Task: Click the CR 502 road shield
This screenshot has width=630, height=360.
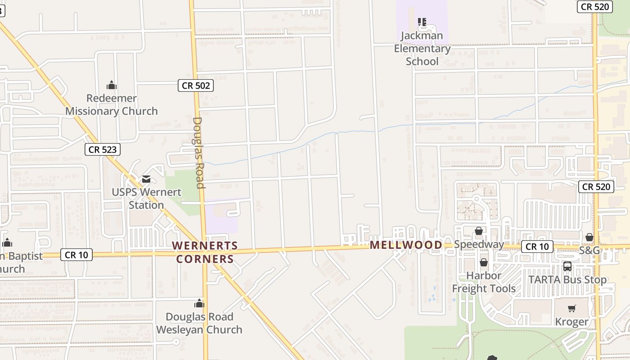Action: point(196,85)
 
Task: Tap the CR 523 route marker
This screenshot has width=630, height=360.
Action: point(103,149)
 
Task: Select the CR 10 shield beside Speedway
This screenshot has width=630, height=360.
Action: point(537,247)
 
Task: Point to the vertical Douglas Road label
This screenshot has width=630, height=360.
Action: point(198,153)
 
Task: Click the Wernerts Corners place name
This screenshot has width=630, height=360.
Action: point(205,252)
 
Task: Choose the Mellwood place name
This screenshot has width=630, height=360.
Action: point(406,245)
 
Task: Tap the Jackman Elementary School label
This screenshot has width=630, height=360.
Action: point(422,48)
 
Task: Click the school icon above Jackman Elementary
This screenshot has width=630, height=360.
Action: point(422,22)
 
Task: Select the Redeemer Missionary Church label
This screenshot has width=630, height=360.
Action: point(112,104)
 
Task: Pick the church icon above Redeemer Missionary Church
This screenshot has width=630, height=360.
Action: point(112,85)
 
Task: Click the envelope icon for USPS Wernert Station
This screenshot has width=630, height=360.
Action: point(146,179)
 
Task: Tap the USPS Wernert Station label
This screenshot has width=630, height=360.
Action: point(147,198)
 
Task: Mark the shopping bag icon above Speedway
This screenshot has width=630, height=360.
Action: point(479,231)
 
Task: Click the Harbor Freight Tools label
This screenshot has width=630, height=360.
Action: point(484,282)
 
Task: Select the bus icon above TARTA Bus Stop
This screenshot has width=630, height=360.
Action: point(567,266)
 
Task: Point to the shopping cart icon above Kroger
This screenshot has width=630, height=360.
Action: point(571,308)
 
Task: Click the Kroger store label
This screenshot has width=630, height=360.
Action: point(571,322)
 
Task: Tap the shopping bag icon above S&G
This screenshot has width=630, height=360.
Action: point(589,237)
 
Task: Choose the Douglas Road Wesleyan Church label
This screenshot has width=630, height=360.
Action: point(199,323)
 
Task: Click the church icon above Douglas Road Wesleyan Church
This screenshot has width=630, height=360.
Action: point(199,303)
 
